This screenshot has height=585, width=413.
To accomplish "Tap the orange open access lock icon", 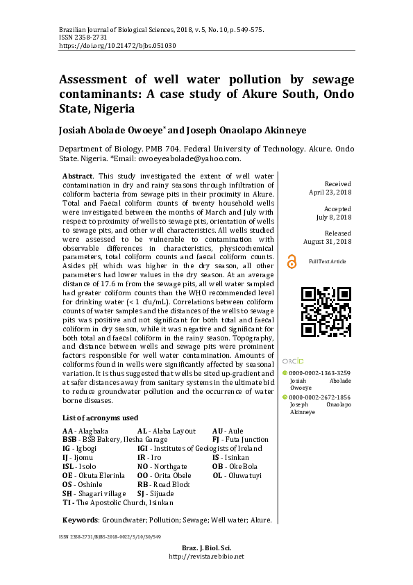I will click(292, 261).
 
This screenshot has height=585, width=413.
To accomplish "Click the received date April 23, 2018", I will click(330, 192).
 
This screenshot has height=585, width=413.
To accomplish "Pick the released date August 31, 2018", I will click(328, 241).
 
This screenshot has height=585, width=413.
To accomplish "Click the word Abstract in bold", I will click(76, 177).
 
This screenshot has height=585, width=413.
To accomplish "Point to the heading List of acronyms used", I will click(100, 418).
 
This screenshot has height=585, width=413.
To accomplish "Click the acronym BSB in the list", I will click(69, 440).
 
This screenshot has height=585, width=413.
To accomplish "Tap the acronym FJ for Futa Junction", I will click(216, 440).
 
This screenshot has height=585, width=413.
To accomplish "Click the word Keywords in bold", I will click(81, 519).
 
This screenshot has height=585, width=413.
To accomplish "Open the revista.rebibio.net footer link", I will click(206, 557).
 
